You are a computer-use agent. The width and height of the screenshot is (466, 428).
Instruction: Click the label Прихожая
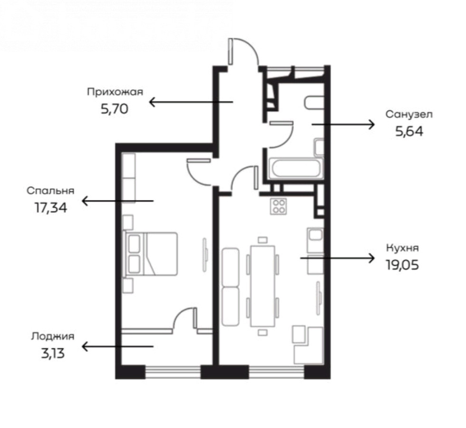coord(115,92)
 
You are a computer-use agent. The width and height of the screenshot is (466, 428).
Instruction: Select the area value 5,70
coord(115,109)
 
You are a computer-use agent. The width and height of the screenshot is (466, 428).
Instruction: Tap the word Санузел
coord(409,115)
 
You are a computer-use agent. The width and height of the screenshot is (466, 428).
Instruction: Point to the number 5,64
coord(409,131)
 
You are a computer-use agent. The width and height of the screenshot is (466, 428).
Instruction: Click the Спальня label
coord(50,191)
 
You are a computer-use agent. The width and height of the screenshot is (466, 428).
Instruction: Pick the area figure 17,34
coord(51,208)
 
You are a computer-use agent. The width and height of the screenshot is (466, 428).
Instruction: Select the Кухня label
coord(402,248)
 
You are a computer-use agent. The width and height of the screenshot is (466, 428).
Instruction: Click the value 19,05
coord(402,265)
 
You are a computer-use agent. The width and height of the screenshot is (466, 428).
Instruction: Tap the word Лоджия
coord(53,337)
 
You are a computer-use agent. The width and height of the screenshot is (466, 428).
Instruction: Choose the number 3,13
coord(53,354)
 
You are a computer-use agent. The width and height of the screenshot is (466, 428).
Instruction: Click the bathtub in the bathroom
coord(295,168)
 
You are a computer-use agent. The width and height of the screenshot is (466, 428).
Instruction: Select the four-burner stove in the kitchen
coord(279,206)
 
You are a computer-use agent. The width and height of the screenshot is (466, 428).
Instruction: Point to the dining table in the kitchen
coord(262,286)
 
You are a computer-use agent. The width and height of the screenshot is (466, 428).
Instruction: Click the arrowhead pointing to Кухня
coord(371,258)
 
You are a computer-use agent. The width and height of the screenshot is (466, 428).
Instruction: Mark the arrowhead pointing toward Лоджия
coord(85,347)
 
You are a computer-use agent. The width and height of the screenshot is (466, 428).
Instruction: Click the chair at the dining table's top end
coord(262,240)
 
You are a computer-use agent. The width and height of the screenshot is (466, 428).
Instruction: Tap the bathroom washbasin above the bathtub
coord(319,147)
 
